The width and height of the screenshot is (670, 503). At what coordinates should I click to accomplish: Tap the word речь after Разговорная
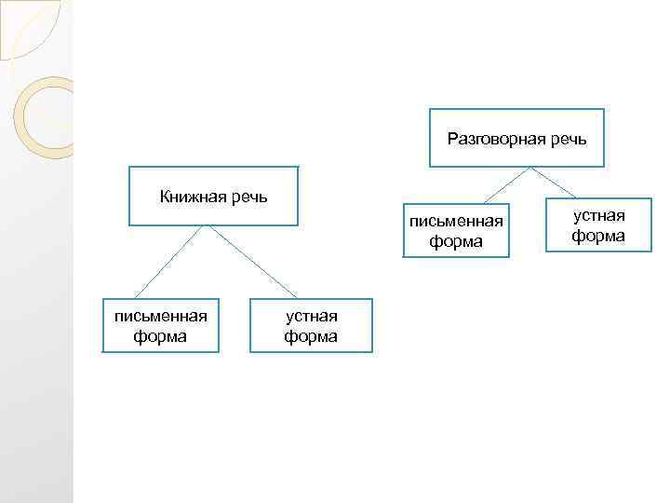pos(568,140)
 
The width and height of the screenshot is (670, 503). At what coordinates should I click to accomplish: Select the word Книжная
pos(190,197)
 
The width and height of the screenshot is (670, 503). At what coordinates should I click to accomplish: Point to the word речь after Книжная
pos(247,197)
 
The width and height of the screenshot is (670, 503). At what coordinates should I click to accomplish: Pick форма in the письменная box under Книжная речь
pos(160,336)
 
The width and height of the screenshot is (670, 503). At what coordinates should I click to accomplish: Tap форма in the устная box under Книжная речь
pos(311,336)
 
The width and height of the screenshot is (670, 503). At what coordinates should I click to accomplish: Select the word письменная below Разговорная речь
pos(456,222)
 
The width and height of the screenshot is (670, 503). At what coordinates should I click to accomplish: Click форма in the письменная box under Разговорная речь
pos(456,241)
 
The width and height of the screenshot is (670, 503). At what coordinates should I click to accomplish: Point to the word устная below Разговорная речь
pos(598,216)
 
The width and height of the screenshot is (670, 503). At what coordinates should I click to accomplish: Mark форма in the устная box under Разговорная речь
pos(598,236)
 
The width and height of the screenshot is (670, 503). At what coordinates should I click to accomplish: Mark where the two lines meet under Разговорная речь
pos(530,168)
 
